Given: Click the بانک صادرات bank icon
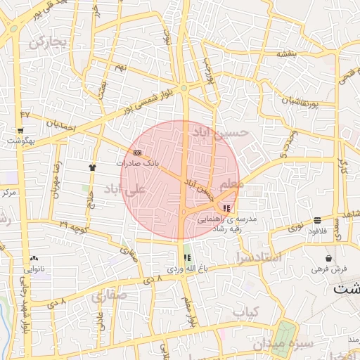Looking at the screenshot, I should pos(137,153).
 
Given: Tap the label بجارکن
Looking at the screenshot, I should pos(48,42).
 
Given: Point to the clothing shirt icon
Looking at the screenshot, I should pos(92,167).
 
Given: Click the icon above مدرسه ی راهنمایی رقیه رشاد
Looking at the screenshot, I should pos(226,208).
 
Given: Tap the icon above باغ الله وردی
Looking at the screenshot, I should pos(186,257).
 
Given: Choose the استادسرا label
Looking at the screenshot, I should pos(259,257).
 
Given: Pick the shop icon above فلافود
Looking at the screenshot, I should pos(318,219).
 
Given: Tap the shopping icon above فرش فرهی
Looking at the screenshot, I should pos(328,258).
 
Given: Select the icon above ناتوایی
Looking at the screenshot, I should pos(34,259).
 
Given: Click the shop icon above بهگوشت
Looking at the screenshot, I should pos(20,130).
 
